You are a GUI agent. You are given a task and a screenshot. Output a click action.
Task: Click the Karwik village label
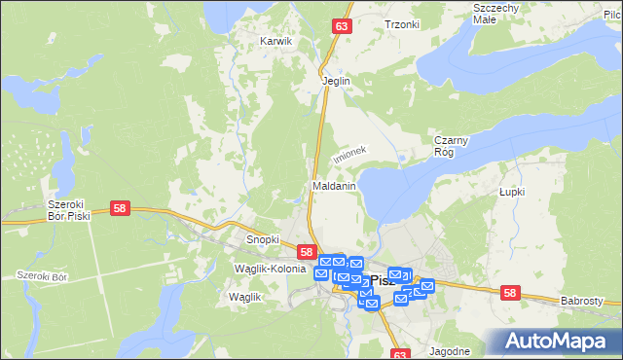[x=276, y=42]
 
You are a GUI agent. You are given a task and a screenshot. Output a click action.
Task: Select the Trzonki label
[x=401, y=25]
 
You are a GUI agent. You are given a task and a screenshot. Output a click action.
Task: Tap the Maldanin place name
[x=333, y=185]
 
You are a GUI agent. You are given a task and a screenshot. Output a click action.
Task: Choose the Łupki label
[x=512, y=192]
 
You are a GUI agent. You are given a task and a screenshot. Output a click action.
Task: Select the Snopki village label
[x=263, y=239]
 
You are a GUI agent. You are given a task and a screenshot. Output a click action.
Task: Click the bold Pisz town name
[x=383, y=280]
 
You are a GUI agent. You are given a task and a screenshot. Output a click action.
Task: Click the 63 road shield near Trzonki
[x=340, y=27]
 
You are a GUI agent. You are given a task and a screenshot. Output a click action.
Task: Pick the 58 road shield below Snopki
[x=307, y=251]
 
